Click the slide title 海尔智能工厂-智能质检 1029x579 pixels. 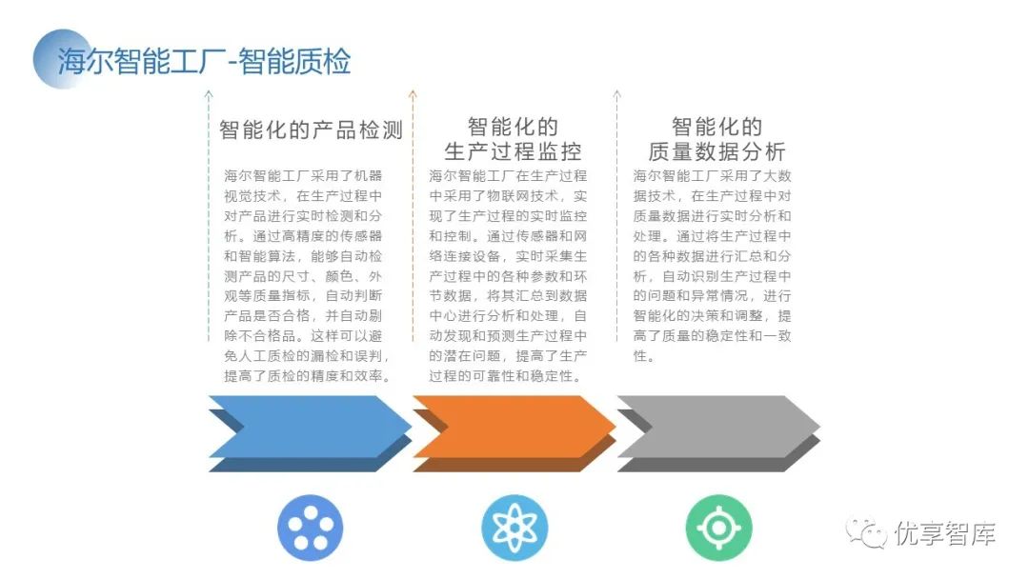click(x=204, y=61)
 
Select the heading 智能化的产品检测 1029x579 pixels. click(x=312, y=130)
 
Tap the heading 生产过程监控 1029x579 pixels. click(x=513, y=151)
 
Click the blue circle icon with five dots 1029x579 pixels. click(x=310, y=528)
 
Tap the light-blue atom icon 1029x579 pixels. click(x=514, y=528)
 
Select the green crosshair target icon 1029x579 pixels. click(x=718, y=528)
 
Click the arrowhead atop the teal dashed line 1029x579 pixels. click(x=209, y=94)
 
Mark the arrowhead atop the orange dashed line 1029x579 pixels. click(x=413, y=94)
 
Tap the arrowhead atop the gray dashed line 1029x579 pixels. click(x=617, y=94)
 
